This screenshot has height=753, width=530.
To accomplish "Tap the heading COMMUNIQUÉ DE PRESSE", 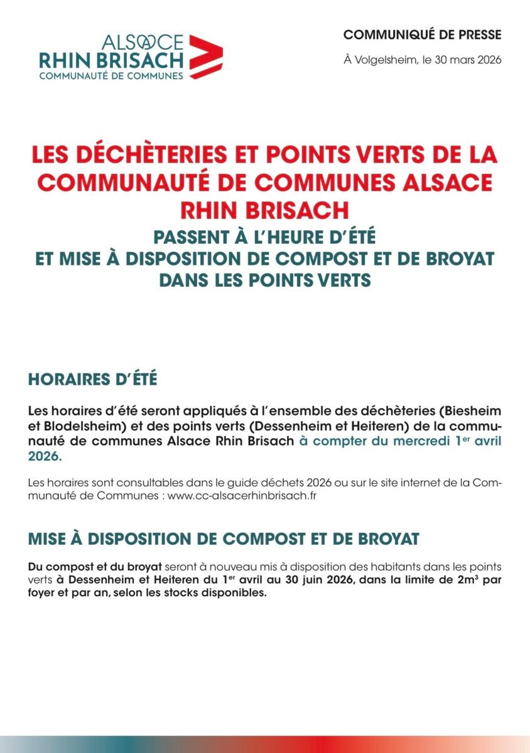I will [x=423, y=34].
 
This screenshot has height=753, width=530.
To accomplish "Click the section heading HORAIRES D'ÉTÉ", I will [x=92, y=380].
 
